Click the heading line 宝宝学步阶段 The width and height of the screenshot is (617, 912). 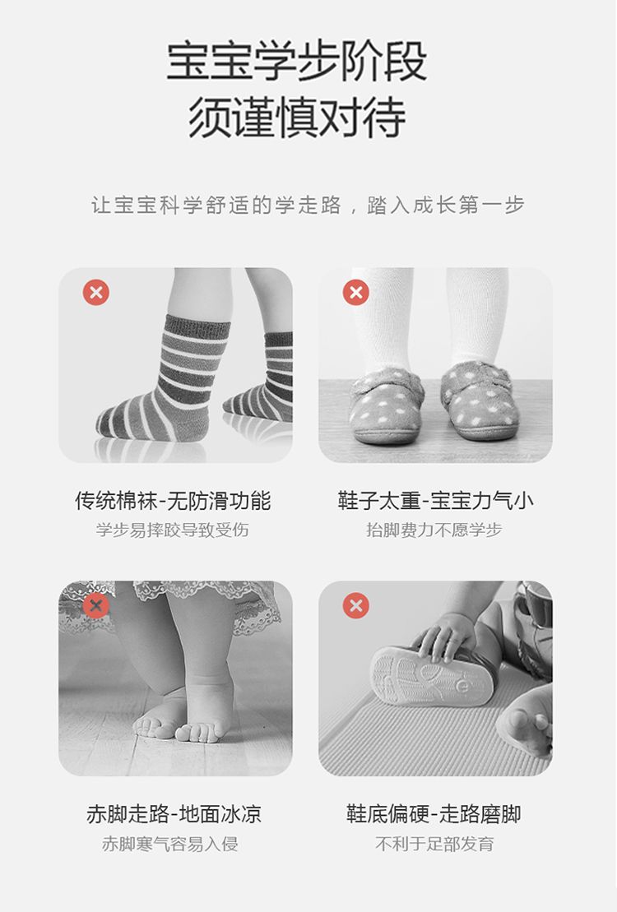[297, 61]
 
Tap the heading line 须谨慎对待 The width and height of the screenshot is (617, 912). [297, 118]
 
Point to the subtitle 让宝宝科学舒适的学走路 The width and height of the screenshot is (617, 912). [216, 205]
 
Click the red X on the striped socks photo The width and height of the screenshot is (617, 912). [96, 292]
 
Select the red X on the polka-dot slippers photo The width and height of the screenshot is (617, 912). [355, 292]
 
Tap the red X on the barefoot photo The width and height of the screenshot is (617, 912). [96, 605]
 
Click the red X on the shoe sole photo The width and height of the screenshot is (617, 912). [355, 605]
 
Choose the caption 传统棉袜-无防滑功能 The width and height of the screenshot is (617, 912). [173, 501]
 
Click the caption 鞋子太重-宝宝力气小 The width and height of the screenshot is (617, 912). [435, 501]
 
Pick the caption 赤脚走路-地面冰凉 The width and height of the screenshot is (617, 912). [174, 813]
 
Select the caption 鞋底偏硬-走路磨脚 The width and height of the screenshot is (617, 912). [434, 813]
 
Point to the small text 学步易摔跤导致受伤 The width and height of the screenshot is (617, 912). [173, 530]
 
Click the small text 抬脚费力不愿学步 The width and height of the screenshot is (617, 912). [434, 530]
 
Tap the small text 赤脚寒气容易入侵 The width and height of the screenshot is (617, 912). [170, 844]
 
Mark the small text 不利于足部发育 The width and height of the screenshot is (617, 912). [435, 844]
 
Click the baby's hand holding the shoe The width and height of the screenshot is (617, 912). [445, 637]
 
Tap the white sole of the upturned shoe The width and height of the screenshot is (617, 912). [432, 677]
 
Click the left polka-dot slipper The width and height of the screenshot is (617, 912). [387, 405]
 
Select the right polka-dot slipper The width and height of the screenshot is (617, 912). [479, 400]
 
